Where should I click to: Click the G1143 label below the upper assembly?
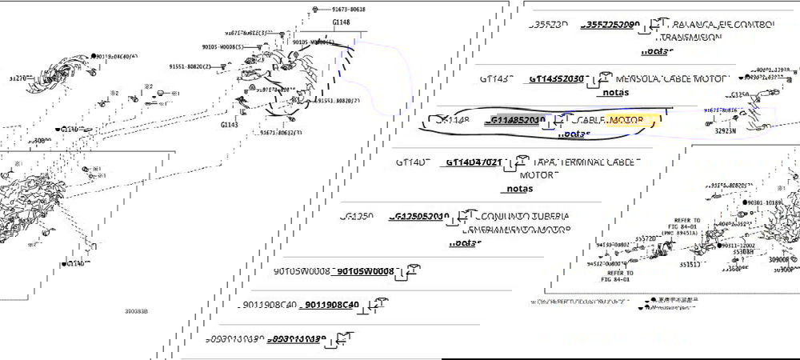click(230, 125)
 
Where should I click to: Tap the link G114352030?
click(556, 79)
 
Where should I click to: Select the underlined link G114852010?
click(517, 120)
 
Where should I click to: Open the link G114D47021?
click(473, 162)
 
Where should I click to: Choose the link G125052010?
click(420, 216)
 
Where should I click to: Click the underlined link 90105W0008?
click(365, 271)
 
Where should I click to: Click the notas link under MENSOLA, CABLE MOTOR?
click(615, 92)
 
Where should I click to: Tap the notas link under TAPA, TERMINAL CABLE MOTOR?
click(518, 189)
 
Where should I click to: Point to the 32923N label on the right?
click(726, 130)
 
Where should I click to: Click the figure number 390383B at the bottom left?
click(136, 310)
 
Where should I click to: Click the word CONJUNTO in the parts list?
click(502, 216)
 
